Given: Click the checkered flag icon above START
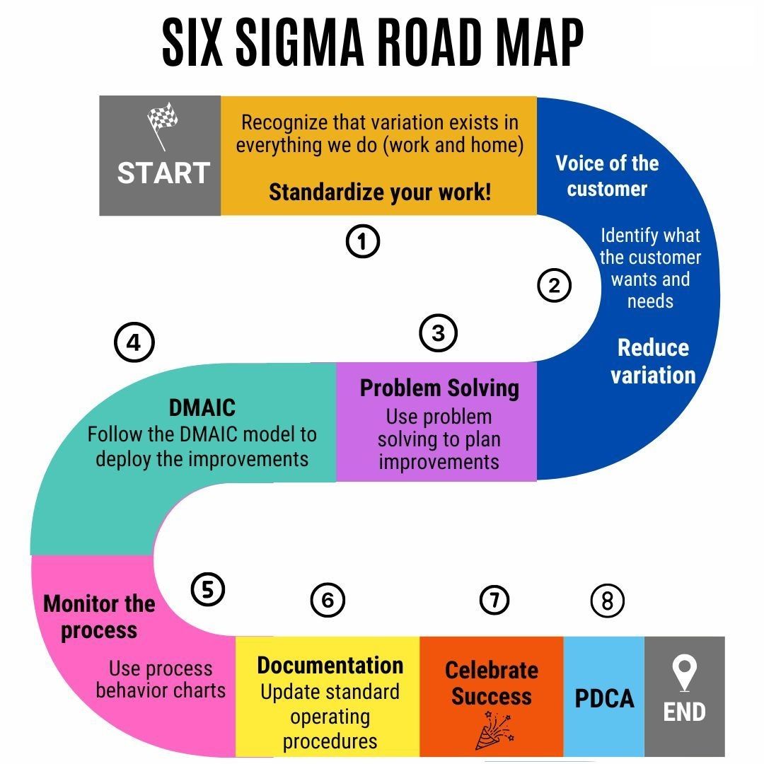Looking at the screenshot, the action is click(162, 125).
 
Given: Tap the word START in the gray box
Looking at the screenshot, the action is click(163, 173).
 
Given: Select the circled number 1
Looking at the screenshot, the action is click(362, 241).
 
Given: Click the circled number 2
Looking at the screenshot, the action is click(555, 286).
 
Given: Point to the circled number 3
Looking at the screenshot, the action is click(439, 333).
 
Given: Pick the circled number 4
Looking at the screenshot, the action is click(134, 342).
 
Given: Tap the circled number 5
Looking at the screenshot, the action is click(207, 589).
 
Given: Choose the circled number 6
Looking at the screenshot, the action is click(328, 601).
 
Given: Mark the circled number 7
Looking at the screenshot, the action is click(494, 600).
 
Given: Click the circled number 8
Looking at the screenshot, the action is click(607, 601).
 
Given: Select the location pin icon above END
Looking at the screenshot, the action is click(684, 673).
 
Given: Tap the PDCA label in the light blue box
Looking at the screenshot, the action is click(604, 698).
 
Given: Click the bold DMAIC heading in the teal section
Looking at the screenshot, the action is click(202, 408).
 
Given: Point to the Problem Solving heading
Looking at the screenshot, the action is click(439, 389).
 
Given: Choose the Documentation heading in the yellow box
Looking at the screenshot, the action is click(330, 666).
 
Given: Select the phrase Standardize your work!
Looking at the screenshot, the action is click(380, 192).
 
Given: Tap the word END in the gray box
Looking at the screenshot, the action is click(684, 712).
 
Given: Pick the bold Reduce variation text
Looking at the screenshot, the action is click(653, 361).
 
